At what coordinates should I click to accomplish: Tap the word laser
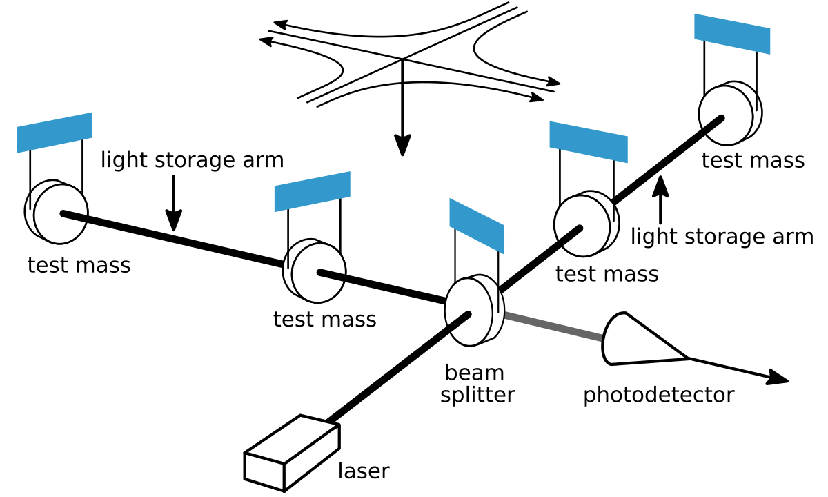363,471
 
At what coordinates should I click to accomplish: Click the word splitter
477,396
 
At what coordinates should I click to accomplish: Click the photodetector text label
658,396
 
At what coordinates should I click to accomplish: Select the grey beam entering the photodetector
552,327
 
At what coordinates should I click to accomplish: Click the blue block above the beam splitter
477,225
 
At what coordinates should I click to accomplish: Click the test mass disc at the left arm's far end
57,213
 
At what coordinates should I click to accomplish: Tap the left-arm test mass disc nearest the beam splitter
315,271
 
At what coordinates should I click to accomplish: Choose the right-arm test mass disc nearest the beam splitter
585,224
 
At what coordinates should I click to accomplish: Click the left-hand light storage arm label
192,160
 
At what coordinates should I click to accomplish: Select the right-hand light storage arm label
722,237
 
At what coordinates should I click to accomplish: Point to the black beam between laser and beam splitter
397,369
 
